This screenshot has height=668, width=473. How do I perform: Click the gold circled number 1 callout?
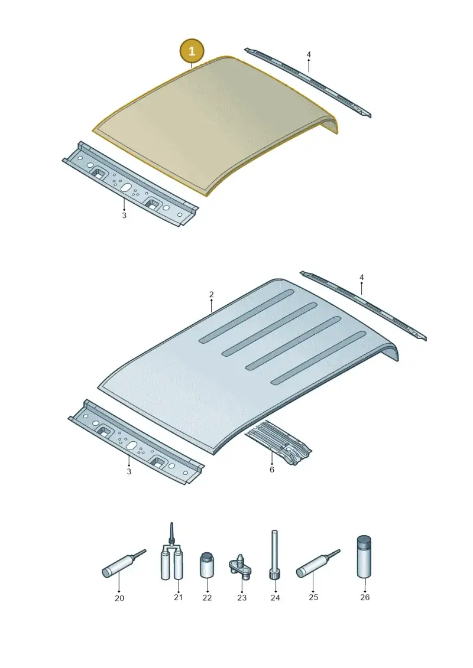coord(192,51)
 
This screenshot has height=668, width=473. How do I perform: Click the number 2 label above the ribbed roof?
coord(212,294)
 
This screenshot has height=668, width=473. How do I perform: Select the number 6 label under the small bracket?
coord(272,470)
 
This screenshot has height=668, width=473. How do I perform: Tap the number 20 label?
coord(119,598)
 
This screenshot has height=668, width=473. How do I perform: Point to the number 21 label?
coord(179,597)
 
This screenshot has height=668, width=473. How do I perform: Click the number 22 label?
coord(207,598)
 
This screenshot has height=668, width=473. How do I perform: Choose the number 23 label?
coord(242,598)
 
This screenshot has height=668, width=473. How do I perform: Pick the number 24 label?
coord(275,598)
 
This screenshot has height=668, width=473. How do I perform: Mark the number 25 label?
coord(313,597)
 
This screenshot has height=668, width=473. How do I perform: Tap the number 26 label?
coord(365,597)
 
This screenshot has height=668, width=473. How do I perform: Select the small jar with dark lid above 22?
coord(207,565)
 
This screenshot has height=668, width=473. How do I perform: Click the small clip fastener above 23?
coord(241,564)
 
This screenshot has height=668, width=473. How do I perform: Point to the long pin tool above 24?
coord(274,554)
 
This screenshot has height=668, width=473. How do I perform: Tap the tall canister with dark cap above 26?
coord(364,557)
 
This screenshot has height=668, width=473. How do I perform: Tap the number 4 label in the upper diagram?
coord(309,54)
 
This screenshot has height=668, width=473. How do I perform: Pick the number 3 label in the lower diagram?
coord(129,471)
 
